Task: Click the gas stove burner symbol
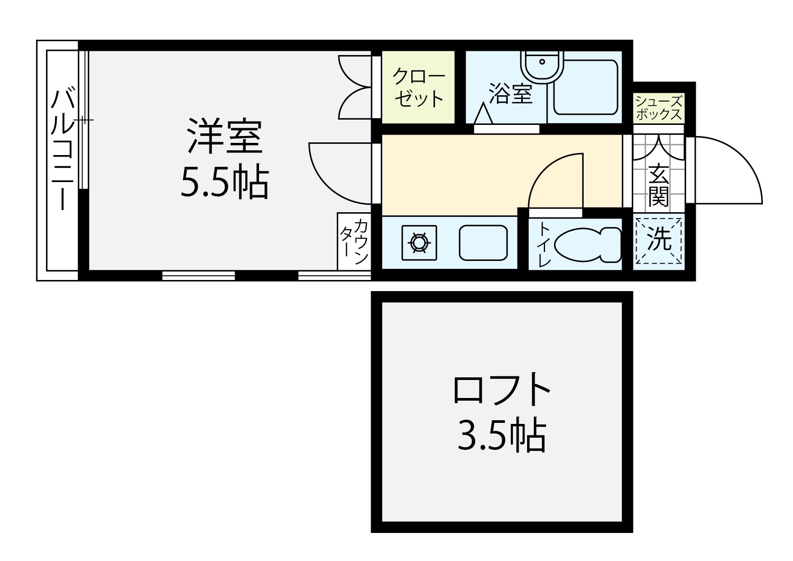pyautogui.click(x=419, y=243)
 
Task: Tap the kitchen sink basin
pyautogui.click(x=483, y=243)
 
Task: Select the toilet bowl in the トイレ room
pyautogui.click(x=587, y=245)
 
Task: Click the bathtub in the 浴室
pyautogui.click(x=586, y=87)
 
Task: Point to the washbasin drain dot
pyautogui.click(x=542, y=62)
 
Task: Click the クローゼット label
pyautogui.click(x=419, y=87)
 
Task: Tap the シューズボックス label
pyautogui.click(x=659, y=108)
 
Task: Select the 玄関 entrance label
pyautogui.click(x=659, y=185)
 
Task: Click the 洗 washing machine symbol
pyautogui.click(x=659, y=241)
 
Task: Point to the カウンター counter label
pyautogui.click(x=354, y=241)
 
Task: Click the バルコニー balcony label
pyautogui.click(x=63, y=150)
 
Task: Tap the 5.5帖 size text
pyautogui.click(x=225, y=182)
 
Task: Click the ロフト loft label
pyautogui.click(x=502, y=389)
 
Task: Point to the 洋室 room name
pyautogui.click(x=225, y=135)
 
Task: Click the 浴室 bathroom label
pyautogui.click(x=511, y=94)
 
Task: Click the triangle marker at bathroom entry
pyautogui.click(x=483, y=113)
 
